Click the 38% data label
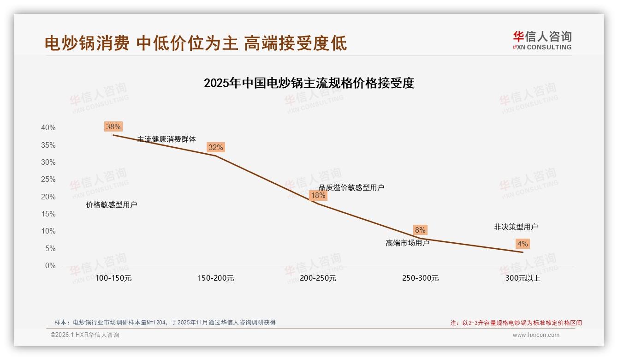[113, 126]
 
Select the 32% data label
[215, 147]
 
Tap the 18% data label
[318, 195]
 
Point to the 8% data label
[420, 230]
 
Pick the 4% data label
[523, 244]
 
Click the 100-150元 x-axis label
[113, 278]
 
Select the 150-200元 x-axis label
[215, 278]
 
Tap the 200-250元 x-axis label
[318, 278]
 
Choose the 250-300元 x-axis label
[420, 278]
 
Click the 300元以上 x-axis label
[523, 278]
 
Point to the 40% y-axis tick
[48, 128]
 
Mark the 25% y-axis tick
[48, 180]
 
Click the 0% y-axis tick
[50, 266]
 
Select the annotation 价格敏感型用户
[112, 205]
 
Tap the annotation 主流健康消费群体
[166, 139]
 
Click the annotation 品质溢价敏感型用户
[351, 187]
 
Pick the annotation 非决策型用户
[516, 227]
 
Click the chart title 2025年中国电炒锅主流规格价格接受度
[309, 83]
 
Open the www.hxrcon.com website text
[536, 335]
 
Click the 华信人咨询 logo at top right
[542, 40]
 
